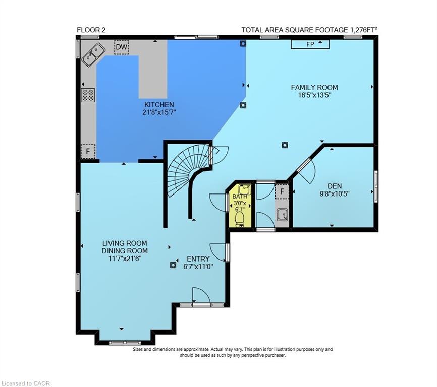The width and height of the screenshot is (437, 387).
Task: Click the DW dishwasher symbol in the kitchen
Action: tap(121, 47)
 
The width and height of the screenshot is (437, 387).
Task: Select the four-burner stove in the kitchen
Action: tap(88, 95)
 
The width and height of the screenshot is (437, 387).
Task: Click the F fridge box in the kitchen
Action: tap(88, 151)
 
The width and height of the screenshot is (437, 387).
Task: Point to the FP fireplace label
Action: tap(310, 44)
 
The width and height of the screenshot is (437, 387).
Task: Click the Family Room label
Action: tap(314, 87)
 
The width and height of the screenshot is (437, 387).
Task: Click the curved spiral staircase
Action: tap(184, 169)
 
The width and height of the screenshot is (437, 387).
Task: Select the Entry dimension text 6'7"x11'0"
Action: tap(198, 267)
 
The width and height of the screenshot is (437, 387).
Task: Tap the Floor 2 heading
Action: tap(91, 30)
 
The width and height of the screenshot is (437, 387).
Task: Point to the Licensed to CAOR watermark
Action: tap(26, 383)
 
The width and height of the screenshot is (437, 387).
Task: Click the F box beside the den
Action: tap(282, 191)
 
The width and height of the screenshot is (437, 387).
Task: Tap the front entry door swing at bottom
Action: tap(200, 296)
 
